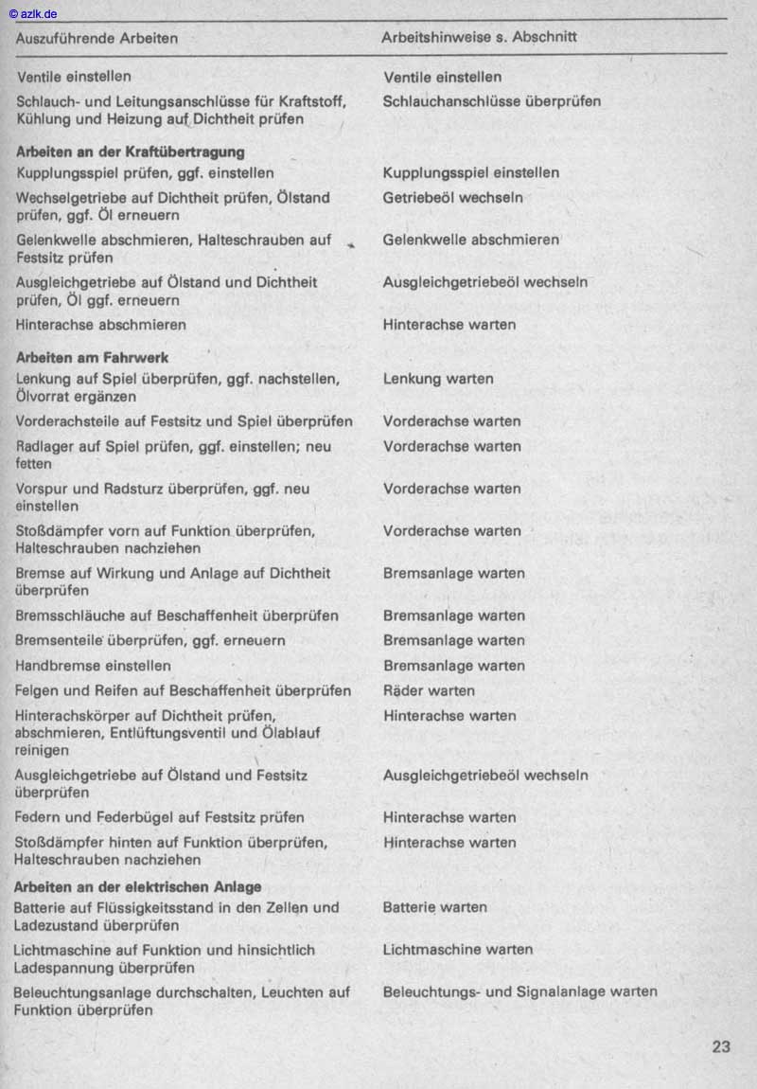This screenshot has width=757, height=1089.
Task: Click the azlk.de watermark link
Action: pos(32,12)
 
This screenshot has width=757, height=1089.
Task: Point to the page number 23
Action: pos(721,1046)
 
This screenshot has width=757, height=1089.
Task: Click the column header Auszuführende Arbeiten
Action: pos(97,38)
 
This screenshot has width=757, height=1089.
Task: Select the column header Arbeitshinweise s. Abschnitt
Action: pos(479,38)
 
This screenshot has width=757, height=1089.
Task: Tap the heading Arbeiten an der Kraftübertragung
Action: pos(131,152)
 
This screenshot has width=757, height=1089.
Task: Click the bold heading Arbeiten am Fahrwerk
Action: pos(92,358)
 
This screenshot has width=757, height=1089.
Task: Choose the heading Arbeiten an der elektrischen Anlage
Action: pos(138,886)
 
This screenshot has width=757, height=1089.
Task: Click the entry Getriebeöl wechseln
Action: pos(452,198)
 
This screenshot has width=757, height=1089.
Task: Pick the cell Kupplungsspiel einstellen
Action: pos(470,172)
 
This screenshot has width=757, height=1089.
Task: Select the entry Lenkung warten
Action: pos(437,379)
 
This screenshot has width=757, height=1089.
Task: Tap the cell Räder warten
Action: pos(429,690)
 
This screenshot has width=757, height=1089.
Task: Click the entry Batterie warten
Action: pos(434,907)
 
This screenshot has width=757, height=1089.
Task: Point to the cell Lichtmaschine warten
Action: pos(457,949)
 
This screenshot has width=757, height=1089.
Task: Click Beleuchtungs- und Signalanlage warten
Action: pos(519,991)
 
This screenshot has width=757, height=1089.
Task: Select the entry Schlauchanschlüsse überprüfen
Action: pos(491,101)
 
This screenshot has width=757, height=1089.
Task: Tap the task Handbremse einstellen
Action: pos(93,666)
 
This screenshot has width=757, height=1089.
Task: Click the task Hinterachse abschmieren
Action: pos(100,325)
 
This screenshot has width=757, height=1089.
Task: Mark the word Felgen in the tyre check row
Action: pos(37,690)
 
